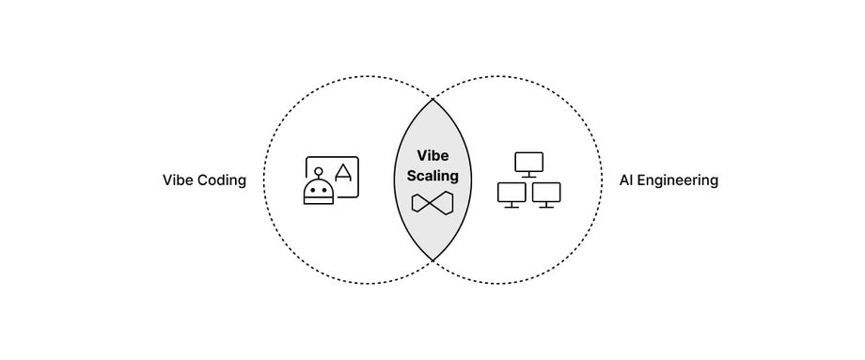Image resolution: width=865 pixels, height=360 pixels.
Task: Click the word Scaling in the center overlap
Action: tap(432, 175)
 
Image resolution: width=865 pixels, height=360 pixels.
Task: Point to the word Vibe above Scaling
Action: tap(432, 157)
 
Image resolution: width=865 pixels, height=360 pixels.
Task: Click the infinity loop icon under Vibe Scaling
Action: tap(432, 203)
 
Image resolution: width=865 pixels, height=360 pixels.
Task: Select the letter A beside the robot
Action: tap(344, 172)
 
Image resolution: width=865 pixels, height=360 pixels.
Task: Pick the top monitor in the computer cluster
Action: tap(529, 162)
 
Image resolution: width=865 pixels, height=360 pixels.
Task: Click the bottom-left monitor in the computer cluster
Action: tap(511, 192)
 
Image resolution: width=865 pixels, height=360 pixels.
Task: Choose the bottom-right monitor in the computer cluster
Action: tap(546, 192)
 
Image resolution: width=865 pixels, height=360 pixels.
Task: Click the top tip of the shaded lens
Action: tap(432, 98)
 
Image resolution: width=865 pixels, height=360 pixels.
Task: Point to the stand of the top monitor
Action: tap(529, 175)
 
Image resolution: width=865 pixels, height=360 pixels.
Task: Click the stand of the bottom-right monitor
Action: tap(546, 205)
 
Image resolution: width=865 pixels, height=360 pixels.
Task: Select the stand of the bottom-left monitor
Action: tap(511, 205)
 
